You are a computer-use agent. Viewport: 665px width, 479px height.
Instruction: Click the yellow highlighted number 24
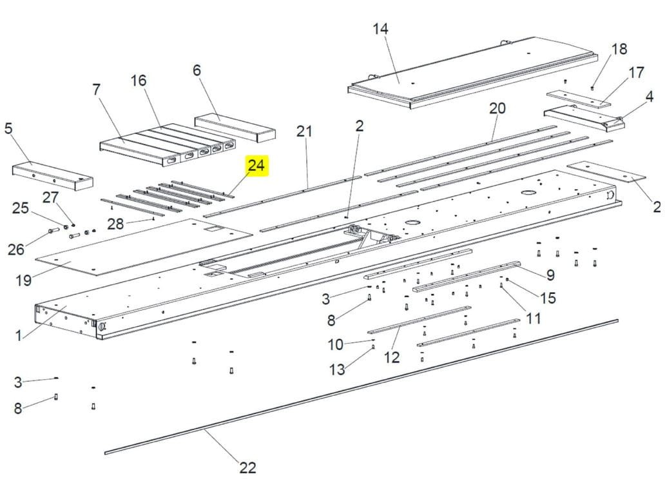[256, 165]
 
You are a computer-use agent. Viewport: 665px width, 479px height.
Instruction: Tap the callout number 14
[380, 29]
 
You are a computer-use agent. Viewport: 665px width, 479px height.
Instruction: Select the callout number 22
[248, 467]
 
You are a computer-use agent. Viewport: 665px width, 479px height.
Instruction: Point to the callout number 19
[24, 280]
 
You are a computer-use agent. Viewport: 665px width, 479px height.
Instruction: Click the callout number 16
[139, 80]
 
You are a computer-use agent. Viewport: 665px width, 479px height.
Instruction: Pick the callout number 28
[115, 224]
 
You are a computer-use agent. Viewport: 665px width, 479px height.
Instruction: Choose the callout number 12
[392, 357]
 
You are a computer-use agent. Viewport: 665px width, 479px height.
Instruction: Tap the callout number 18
[620, 49]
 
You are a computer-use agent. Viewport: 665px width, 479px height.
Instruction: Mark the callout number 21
[304, 131]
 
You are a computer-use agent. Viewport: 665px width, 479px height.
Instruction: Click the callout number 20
[497, 108]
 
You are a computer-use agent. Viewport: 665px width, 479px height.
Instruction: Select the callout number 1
[18, 336]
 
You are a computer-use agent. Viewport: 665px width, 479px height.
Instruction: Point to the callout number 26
[16, 249]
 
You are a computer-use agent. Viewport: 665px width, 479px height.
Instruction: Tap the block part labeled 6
[235, 128]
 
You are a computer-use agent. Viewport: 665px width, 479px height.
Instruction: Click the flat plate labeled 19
[144, 246]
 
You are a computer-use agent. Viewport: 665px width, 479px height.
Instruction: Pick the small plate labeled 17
[579, 98]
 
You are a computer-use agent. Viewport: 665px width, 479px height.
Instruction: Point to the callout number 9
[550, 275]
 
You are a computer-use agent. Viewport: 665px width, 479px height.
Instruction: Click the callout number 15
[548, 298]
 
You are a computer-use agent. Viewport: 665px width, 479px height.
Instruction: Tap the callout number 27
[50, 197]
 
